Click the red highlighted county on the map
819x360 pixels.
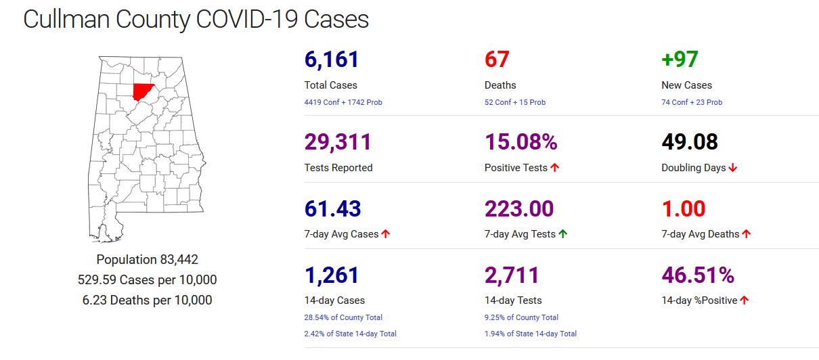[x=143, y=91]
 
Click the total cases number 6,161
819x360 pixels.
[x=332, y=60]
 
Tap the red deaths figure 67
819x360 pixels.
[x=497, y=60]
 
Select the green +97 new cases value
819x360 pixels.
[x=680, y=60]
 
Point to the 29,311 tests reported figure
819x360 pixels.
[x=338, y=142]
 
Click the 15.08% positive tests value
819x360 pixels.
[x=521, y=142]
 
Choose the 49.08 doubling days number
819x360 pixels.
[x=689, y=142]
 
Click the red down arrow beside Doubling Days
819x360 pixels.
[x=733, y=168]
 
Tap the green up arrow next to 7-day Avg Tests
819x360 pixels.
[x=563, y=234]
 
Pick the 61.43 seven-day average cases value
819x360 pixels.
[x=332, y=208]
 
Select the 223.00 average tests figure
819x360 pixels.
[x=519, y=208]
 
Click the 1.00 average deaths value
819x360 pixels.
[x=683, y=208]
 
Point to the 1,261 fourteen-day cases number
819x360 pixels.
[x=332, y=275]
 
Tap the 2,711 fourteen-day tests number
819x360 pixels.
[x=512, y=275]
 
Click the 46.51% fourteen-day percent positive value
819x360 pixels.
[x=697, y=275]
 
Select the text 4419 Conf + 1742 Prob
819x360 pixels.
[x=343, y=102]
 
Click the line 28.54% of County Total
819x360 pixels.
[x=343, y=317]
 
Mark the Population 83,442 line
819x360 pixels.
[x=147, y=259]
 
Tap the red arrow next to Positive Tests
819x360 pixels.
[x=555, y=168]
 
